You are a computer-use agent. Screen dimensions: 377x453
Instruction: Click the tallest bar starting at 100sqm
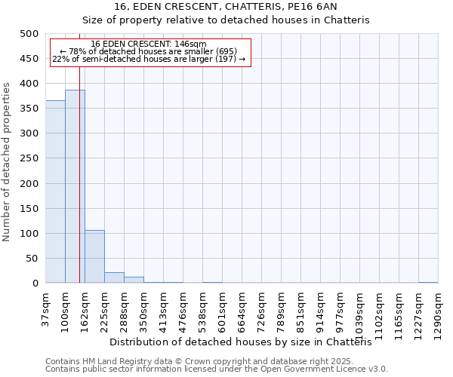click(x=75, y=187)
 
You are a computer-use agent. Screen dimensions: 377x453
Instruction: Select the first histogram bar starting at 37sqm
click(x=55, y=192)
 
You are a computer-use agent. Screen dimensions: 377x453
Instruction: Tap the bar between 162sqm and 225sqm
click(x=94, y=257)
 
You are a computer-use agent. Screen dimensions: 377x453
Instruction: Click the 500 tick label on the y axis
click(x=29, y=34)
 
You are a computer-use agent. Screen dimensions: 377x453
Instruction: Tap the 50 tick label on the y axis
click(x=32, y=259)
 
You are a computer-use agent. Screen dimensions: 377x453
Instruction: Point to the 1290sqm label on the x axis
click(x=438, y=312)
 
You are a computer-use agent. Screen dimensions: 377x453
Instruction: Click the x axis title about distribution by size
click(x=246, y=342)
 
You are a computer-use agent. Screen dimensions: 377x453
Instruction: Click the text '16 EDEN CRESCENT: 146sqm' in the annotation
click(x=148, y=44)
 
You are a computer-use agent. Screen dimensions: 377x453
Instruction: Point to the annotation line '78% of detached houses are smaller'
click(x=148, y=51)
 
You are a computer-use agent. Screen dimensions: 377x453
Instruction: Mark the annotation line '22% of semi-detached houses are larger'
click(x=149, y=59)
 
